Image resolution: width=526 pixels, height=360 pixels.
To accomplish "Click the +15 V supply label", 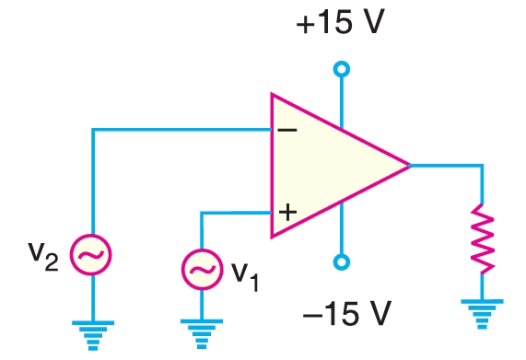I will (340, 23).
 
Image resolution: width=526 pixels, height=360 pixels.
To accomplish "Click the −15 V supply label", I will (345, 316).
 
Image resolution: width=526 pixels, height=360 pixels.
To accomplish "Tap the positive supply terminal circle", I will (342, 69).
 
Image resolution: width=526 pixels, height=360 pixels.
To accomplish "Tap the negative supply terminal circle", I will (342, 262).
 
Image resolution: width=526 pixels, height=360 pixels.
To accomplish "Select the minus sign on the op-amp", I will (286, 129).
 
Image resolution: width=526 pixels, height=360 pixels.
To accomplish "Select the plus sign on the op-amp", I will (286, 213).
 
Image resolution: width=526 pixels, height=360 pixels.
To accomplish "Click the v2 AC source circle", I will (93, 255).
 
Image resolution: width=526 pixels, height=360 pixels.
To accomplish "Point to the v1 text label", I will (245, 274).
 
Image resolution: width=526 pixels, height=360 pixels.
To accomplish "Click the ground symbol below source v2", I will (93, 331).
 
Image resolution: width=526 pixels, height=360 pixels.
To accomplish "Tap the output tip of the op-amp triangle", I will (409, 166).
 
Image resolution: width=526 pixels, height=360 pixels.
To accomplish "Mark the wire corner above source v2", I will (93, 129).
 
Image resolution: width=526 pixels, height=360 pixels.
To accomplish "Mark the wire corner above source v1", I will (202, 213).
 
